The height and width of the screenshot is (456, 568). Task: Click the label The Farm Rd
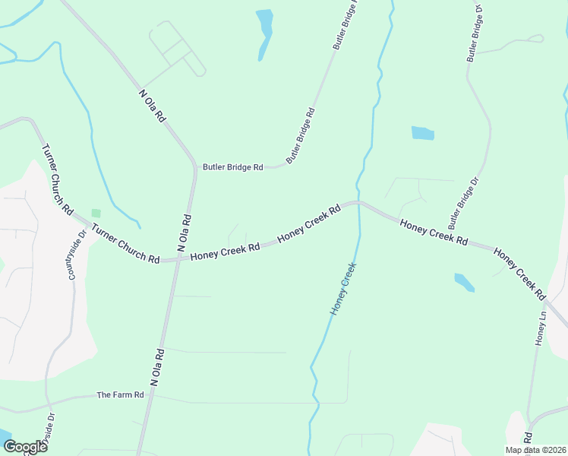120,395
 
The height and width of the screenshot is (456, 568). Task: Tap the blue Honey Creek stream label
343,289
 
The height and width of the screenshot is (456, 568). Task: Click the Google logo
25,447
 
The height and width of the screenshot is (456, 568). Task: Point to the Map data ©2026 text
535,450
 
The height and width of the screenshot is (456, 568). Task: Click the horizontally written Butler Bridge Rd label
232,167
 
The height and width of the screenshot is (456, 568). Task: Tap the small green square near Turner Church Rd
96,214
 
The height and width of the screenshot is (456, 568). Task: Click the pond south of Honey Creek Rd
464,283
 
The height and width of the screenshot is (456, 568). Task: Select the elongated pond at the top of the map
264,32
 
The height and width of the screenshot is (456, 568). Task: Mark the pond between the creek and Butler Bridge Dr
423,133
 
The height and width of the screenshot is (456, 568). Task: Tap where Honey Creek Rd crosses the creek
358,203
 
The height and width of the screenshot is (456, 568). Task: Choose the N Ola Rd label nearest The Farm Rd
157,368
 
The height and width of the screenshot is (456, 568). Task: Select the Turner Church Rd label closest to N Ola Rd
125,244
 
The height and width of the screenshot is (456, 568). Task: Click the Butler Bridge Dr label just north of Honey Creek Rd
464,204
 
